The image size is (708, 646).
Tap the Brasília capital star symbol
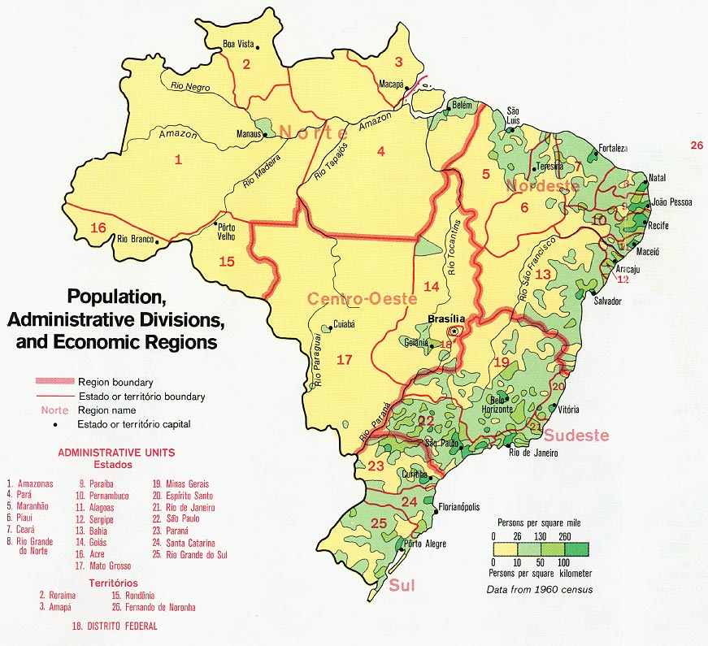pos(454,332)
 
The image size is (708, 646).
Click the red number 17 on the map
pos(345,359)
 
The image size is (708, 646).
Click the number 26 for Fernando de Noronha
pos(696,145)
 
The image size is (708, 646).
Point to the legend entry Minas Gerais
pos(186,483)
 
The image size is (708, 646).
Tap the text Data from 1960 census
pos(539,588)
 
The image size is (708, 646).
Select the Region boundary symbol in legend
pos(56,381)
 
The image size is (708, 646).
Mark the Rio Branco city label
pos(135,240)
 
